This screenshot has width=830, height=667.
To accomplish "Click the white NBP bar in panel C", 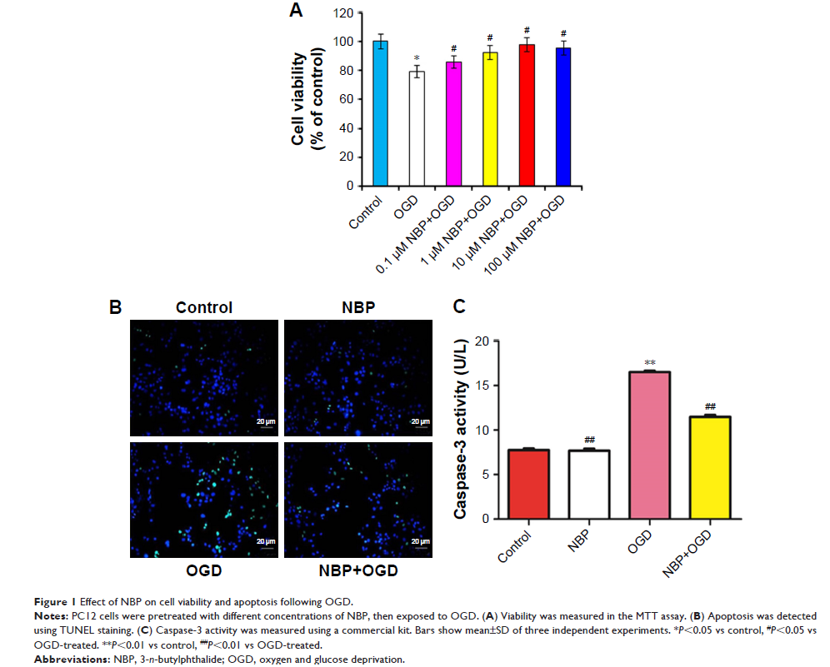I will tap(591, 484).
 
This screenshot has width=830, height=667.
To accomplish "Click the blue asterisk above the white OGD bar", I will tap(417, 58).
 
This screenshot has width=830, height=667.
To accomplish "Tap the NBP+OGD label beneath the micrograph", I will tap(358, 570).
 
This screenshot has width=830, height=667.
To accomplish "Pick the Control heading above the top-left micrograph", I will tap(204, 307).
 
